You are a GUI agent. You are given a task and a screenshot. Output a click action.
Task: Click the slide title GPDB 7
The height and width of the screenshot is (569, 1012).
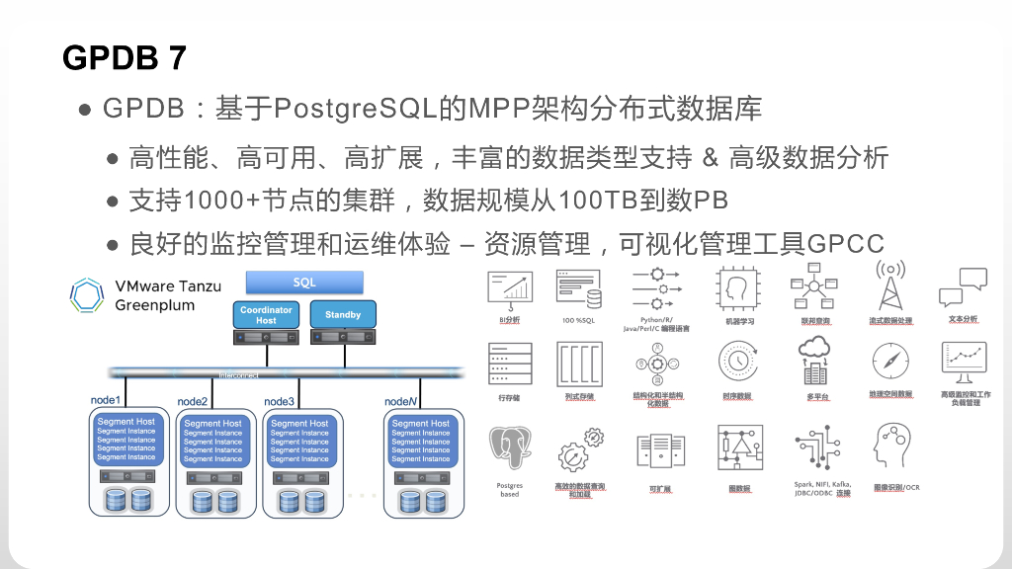pyautogui.click(x=125, y=57)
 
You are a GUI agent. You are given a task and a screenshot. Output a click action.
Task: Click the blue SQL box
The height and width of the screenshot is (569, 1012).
pyautogui.click(x=304, y=283)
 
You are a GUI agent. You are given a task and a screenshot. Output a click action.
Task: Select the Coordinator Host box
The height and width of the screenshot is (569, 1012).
pyautogui.click(x=266, y=315)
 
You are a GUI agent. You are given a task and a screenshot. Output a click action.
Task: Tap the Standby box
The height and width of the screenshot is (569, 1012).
pyautogui.click(x=343, y=315)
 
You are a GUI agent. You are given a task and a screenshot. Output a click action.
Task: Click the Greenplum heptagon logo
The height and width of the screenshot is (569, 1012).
pyautogui.click(x=88, y=295)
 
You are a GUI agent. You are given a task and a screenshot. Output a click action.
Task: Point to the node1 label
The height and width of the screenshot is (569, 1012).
pyautogui.click(x=106, y=399)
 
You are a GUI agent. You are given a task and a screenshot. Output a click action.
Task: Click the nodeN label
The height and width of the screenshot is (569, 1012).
pyautogui.click(x=402, y=401)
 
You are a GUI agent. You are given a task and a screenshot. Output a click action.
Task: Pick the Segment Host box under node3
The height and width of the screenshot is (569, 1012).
pyautogui.click(x=299, y=441)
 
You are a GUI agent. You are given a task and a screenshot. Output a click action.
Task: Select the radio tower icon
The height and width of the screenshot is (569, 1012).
pyautogui.click(x=890, y=285)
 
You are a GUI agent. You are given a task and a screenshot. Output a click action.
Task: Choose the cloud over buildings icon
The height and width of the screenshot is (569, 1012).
pyautogui.click(x=816, y=361)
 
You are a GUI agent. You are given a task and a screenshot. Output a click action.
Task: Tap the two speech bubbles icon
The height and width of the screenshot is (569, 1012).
pyautogui.click(x=963, y=286)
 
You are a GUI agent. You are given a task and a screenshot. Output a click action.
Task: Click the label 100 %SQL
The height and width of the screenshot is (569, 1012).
pyautogui.click(x=579, y=321)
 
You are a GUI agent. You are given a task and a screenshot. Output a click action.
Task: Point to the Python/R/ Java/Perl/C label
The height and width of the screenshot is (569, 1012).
pyautogui.click(x=656, y=324)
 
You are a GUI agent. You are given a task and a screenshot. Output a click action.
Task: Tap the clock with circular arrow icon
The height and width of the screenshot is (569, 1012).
pyautogui.click(x=737, y=362)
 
